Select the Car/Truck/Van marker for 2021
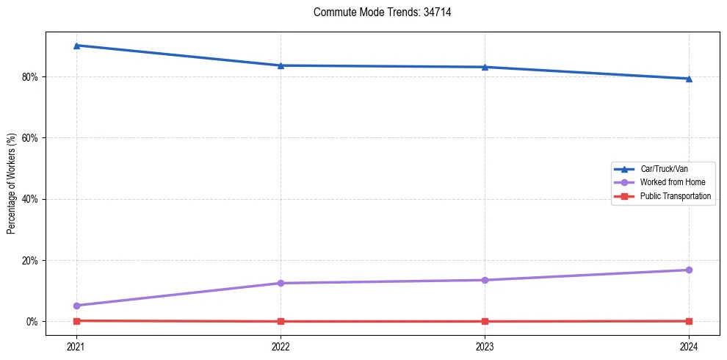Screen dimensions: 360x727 coord(76,46)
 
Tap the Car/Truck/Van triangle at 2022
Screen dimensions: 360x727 coord(281,65)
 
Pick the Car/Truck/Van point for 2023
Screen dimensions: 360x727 coord(485,67)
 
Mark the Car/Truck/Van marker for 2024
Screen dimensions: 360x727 coord(689,79)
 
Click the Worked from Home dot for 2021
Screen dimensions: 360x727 coord(76,306)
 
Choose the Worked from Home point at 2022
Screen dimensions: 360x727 coord(281,283)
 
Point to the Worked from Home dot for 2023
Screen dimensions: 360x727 coord(485,280)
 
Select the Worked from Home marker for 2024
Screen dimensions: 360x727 coord(689,270)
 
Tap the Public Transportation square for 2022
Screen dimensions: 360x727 coord(281,321)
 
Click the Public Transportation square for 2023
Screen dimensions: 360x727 coord(485,321)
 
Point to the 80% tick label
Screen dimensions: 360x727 coord(30,76)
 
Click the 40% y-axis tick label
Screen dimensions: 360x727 coord(30,199)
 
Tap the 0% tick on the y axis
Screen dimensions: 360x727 coord(32,322)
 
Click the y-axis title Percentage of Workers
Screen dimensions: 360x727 coord(11,184)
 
